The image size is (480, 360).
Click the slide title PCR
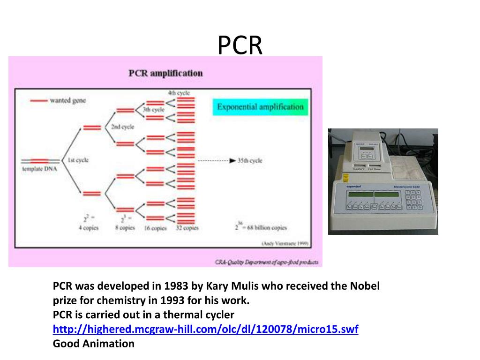pyautogui.click(x=240, y=45)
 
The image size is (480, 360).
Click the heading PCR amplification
pyautogui.click(x=165, y=73)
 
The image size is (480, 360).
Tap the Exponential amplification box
pyautogui.click(x=260, y=107)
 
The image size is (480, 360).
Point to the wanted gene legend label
pyautogui.click(x=68, y=100)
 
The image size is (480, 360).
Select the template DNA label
pyautogui.click(x=39, y=169)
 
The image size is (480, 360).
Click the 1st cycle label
pyautogui.click(x=78, y=160)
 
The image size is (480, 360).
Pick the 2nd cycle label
pyautogui.click(x=122, y=127)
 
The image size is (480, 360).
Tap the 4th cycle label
pyautogui.click(x=179, y=93)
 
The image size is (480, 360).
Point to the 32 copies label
pyautogui.click(x=187, y=228)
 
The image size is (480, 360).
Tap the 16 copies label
pyautogui.click(x=156, y=228)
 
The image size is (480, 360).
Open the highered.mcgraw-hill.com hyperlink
pyautogui.click(x=205, y=329)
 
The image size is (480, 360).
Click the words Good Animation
pyautogui.click(x=93, y=344)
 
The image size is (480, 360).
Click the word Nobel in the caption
pyautogui.click(x=364, y=286)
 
